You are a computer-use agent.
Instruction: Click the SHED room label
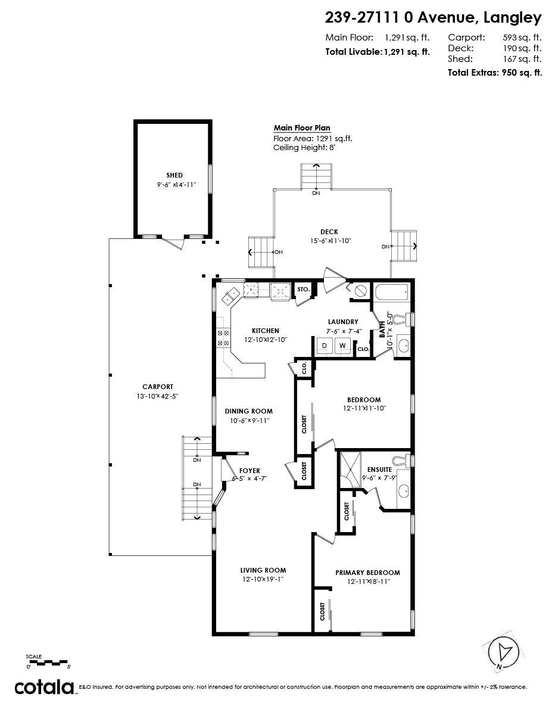click(x=174, y=175)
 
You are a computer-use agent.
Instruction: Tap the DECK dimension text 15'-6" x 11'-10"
click(x=330, y=241)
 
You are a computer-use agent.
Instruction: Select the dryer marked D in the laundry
click(x=325, y=346)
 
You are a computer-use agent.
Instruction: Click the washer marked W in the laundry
click(x=343, y=346)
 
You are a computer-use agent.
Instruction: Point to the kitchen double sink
click(x=230, y=296)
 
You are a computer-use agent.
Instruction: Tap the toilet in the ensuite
click(x=402, y=461)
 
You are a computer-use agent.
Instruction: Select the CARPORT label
click(x=158, y=387)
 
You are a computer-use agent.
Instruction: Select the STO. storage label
click(x=304, y=289)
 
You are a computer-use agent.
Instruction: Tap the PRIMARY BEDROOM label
click(x=367, y=573)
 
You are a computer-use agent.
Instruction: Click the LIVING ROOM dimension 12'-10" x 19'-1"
click(x=263, y=579)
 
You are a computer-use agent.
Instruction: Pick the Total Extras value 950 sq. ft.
click(x=522, y=73)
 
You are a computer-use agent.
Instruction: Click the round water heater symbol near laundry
click(x=360, y=291)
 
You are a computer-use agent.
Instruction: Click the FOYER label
click(x=250, y=471)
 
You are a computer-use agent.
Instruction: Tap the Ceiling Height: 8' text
click(x=304, y=148)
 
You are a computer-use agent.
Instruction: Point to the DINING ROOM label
click(x=248, y=411)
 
